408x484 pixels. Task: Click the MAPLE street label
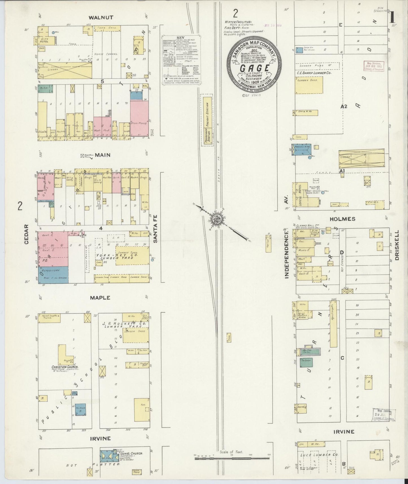(100, 298)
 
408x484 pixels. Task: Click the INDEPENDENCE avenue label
(287, 254)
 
